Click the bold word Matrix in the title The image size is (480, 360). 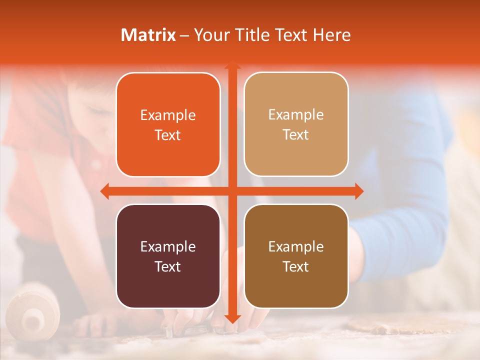point(148,35)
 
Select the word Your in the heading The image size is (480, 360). point(210,35)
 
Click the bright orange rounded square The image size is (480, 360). point(168,124)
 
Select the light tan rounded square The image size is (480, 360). point(296,124)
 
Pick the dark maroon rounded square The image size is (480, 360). point(168,256)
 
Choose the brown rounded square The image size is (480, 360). point(296,256)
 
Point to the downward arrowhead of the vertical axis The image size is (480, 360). point(232,318)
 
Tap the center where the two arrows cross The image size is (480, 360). point(232,191)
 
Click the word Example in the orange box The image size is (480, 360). point(168,115)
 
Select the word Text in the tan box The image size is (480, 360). point(296,134)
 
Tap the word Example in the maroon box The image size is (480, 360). point(168,246)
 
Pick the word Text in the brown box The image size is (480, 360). point(296,266)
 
